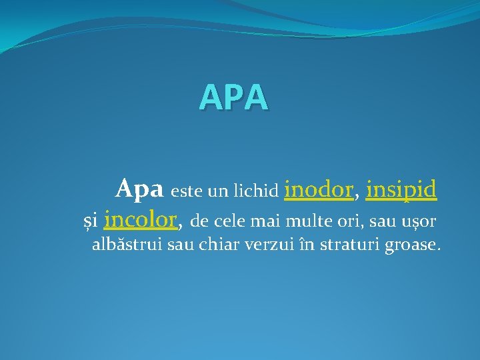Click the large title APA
(234, 97)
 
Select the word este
(187, 193)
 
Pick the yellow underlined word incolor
(141, 218)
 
